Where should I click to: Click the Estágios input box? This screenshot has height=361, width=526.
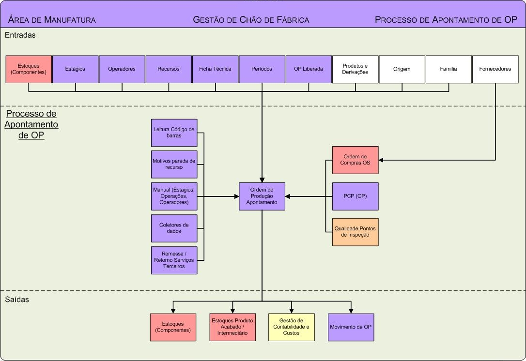point(75,69)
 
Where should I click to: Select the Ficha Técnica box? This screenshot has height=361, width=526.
point(215,69)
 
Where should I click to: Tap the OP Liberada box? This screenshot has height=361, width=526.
point(309,69)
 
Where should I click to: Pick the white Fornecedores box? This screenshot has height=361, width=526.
point(495,69)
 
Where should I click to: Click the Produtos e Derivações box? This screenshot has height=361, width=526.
point(355,69)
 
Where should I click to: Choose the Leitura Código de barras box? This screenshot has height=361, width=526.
point(174,133)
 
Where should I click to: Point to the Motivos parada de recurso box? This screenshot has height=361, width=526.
point(174,164)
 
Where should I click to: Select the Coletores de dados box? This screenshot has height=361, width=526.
point(174,228)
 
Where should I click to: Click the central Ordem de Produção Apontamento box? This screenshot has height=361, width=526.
point(262,196)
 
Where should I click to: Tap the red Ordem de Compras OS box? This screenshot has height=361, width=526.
point(355,160)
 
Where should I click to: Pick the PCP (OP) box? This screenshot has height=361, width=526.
point(355,196)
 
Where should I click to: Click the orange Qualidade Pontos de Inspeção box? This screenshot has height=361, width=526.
point(355,232)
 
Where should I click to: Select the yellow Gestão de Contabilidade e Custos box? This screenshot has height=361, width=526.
point(291,327)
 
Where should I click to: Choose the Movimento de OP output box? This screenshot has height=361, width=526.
point(351,327)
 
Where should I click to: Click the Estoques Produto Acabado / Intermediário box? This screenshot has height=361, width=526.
point(232,327)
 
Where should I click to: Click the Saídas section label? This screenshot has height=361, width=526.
point(17,300)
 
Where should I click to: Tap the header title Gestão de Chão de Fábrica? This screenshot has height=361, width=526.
point(251,20)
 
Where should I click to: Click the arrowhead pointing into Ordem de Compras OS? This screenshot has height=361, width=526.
point(381,160)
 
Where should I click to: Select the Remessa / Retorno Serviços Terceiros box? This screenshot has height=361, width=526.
point(174,260)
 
